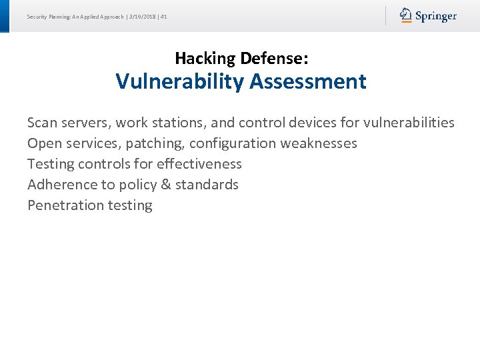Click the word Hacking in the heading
click(205, 59)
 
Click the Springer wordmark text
click(436, 16)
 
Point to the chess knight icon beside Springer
click(406, 15)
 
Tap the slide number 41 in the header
click(163, 16)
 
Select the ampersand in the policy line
click(165, 185)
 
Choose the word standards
click(207, 185)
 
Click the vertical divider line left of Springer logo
click(385, 16)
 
